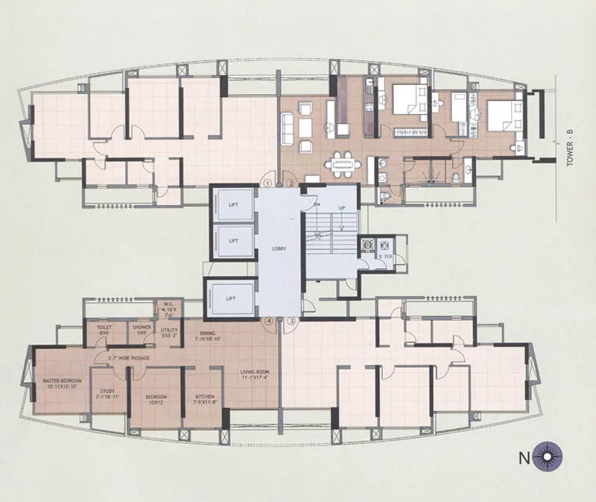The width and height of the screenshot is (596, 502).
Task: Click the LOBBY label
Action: click(x=279, y=248)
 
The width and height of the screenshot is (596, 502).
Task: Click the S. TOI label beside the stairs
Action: click(x=387, y=257)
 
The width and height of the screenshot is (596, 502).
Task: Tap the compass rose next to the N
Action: click(x=551, y=454)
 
